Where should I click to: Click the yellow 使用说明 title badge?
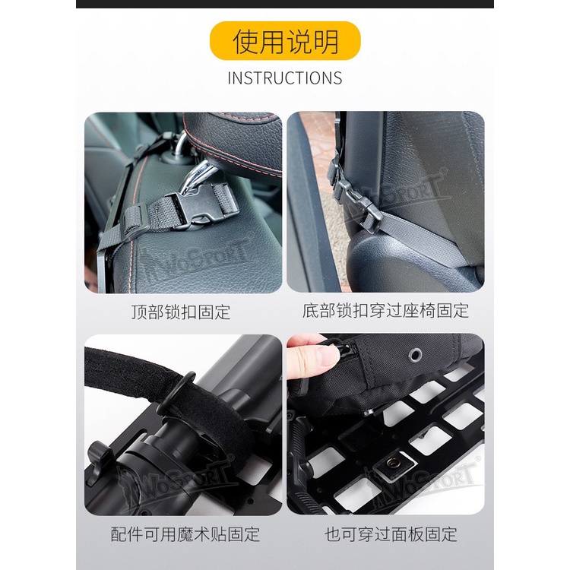point(285,41)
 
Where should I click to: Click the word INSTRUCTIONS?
point(285,78)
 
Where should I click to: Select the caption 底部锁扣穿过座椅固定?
point(385,311)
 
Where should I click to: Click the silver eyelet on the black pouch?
point(414,354)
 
